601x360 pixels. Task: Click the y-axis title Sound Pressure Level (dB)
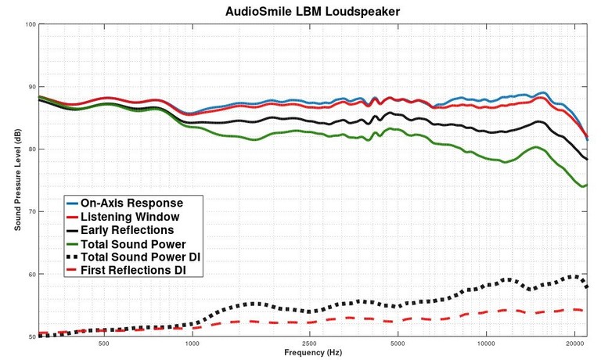[16, 181]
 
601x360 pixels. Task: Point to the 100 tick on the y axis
[31, 24]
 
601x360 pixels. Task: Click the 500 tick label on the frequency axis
[103, 344]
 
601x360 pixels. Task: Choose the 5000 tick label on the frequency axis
[398, 344]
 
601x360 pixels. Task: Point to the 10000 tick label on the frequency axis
[486, 344]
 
